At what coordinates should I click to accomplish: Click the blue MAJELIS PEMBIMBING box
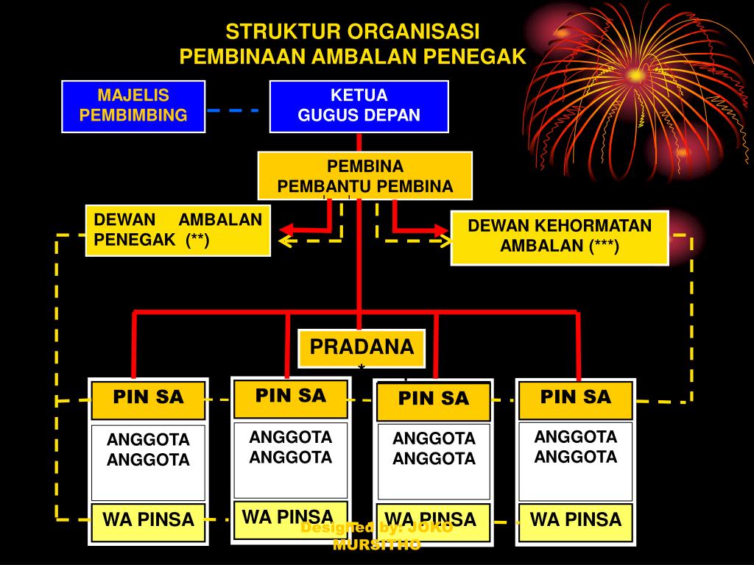pos(133,106)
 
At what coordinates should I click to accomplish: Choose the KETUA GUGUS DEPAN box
pos(359,106)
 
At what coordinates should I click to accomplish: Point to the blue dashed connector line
pos(233,110)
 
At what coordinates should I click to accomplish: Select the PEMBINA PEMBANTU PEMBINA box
pos(364,176)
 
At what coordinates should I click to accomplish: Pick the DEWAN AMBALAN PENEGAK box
pos(177,230)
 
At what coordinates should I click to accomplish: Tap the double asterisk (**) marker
pos(198,241)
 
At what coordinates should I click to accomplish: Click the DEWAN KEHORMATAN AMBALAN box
pos(560,236)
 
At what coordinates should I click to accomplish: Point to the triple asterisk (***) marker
pos(605,246)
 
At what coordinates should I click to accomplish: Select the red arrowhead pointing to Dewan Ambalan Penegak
pos(285,228)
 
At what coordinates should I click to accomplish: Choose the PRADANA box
pos(362,348)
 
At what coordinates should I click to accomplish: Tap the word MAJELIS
pos(133,96)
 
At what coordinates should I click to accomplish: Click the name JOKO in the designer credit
pos(430,527)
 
